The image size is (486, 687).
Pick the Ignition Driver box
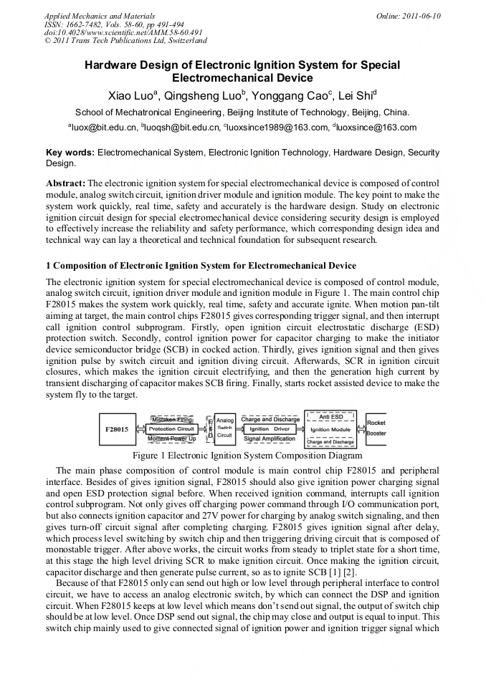pos(270,428)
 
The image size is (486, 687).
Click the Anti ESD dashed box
pos(330,416)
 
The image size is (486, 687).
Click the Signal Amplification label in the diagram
pos(270,439)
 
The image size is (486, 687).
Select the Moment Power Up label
pos(172,438)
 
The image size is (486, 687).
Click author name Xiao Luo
pos(132,95)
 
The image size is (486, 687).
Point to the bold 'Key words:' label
pos(70,153)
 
